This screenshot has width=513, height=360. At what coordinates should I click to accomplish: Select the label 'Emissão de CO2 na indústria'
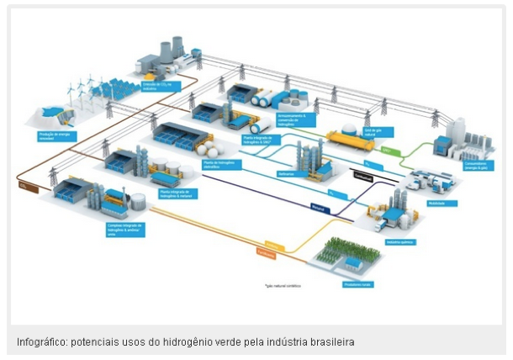[x=157, y=85]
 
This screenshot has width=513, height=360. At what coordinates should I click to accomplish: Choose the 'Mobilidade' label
[x=439, y=203]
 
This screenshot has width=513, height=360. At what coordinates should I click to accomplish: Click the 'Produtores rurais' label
[x=357, y=283]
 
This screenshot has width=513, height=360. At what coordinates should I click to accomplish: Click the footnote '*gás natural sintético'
[x=281, y=285]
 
